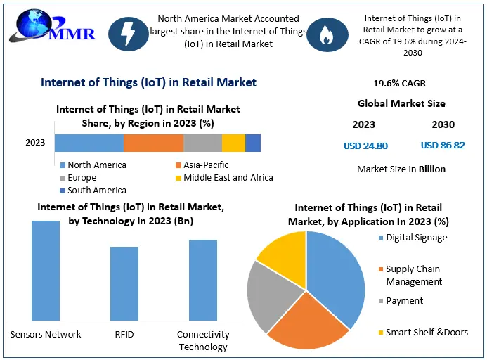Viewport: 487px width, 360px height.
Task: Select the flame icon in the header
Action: [x=325, y=35]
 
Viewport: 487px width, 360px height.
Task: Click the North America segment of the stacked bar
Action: [x=89, y=143]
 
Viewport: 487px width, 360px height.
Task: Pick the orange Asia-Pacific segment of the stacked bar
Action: [x=153, y=143]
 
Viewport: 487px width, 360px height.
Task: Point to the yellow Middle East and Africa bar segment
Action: [x=233, y=143]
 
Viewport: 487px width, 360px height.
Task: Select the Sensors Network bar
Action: [x=46, y=271]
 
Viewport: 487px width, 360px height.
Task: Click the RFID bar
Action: [x=124, y=283]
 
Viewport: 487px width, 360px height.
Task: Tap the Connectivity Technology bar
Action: [x=203, y=280]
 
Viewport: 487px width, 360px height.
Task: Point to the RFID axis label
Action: [x=124, y=335]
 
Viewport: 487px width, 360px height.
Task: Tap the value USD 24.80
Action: [x=365, y=146]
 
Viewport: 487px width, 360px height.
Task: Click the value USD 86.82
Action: [x=443, y=146]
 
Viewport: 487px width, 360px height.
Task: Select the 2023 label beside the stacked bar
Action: [x=35, y=143]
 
